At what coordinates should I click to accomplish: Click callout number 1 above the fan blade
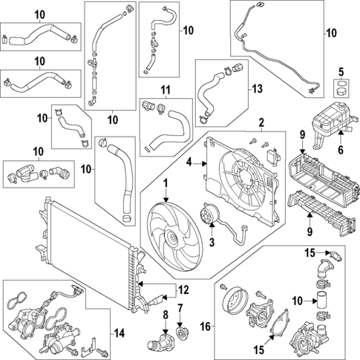click(166, 183)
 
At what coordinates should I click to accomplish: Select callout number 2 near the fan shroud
click(261, 122)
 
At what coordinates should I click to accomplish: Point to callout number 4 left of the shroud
click(189, 162)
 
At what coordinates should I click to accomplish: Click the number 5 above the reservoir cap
click(341, 72)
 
